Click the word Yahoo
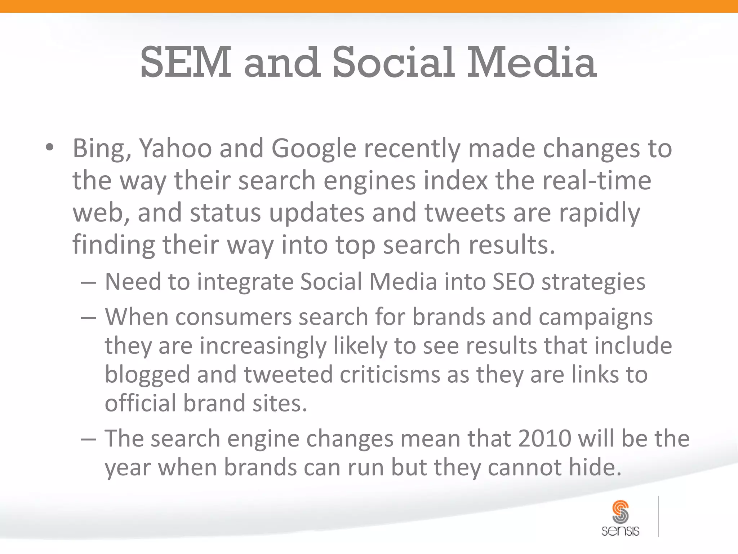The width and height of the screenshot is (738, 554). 175,149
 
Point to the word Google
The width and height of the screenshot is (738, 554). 314,149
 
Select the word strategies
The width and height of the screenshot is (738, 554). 593,282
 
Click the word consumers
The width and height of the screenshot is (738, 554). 234,317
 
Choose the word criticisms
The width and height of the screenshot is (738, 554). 390,374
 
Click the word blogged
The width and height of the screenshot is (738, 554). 147,375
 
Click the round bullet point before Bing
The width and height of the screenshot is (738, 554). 50,148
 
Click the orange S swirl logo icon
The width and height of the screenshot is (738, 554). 620,511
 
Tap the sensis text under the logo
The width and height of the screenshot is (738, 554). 620,531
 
